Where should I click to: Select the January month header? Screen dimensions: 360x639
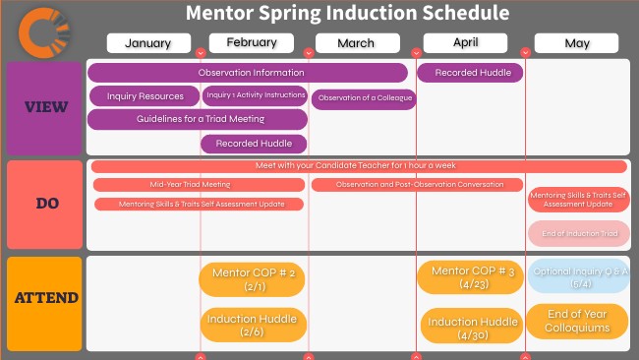pyautogui.click(x=148, y=43)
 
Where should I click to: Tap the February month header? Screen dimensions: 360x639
pyautogui.click(x=251, y=42)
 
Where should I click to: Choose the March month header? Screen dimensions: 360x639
pyautogui.click(x=356, y=43)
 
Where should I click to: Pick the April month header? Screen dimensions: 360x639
pyautogui.click(x=466, y=42)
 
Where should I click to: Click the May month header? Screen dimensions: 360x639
pyautogui.click(x=576, y=43)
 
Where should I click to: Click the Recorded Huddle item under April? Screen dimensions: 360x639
pyautogui.click(x=471, y=73)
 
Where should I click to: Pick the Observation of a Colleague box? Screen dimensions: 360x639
pyautogui.click(x=364, y=98)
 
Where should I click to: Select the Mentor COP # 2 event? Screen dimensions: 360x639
pyautogui.click(x=253, y=278)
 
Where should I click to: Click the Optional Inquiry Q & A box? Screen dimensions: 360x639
pyautogui.click(x=578, y=276)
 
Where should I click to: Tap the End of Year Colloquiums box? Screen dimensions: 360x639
pyautogui.click(x=577, y=321)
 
